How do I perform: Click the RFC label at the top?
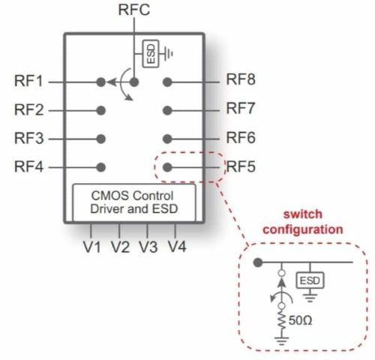pos(135,10)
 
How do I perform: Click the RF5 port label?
pos(242,166)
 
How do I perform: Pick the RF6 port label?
pos(242,138)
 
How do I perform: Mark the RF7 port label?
pos(242,109)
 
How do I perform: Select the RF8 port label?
pos(242,81)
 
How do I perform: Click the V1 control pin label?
pos(92,247)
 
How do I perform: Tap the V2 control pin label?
pos(120,247)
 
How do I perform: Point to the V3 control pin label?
pos(148,247)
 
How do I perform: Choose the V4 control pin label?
pos(176,247)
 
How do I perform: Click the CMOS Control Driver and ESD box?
pos(134,201)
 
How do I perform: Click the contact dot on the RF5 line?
pos(168,167)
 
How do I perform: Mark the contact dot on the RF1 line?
pos(100,82)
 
